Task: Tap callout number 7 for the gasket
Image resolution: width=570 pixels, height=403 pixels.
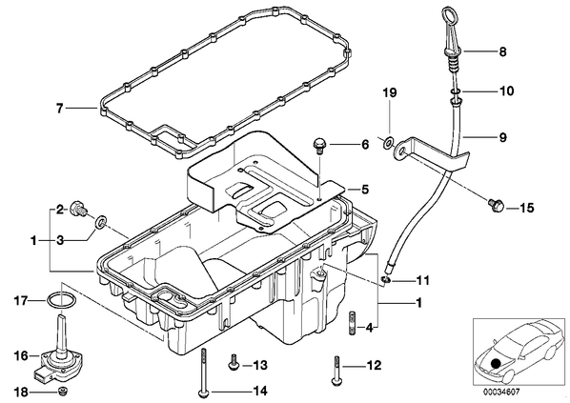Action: [x=60, y=108]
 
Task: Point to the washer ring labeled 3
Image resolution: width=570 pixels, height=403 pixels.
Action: [x=100, y=222]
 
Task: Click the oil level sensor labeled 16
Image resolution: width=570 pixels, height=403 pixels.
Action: [x=59, y=353]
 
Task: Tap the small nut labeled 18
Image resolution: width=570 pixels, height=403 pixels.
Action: [x=63, y=392]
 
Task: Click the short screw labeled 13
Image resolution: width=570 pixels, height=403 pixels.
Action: [x=233, y=364]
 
